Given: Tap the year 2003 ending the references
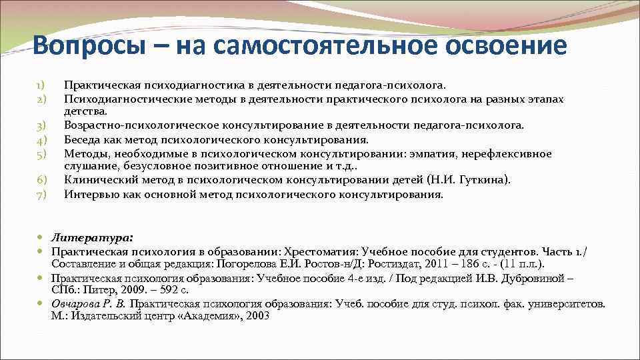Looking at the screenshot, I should click(257, 316).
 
